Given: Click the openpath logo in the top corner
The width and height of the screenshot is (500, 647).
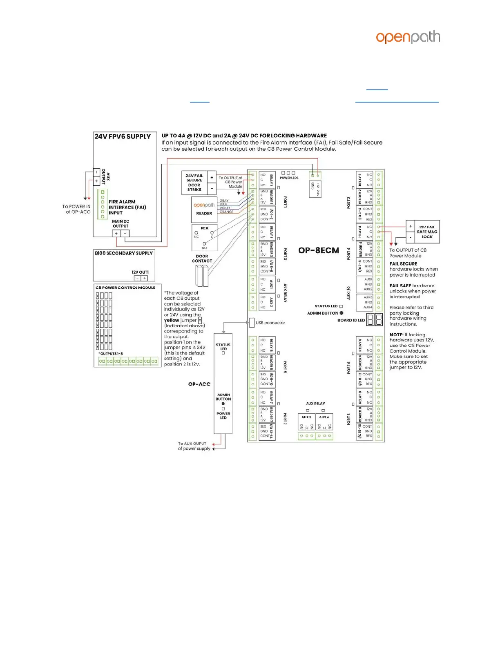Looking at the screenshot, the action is [x=408, y=38].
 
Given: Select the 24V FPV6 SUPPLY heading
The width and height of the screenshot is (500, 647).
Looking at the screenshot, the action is [x=123, y=136].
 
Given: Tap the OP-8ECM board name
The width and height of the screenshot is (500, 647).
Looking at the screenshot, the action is [x=319, y=250].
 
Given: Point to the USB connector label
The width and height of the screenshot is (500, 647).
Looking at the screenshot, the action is [x=270, y=323].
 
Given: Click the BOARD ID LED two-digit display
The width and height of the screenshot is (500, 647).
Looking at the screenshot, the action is [x=374, y=319].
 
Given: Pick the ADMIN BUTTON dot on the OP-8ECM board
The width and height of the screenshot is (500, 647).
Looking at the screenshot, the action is [x=342, y=313].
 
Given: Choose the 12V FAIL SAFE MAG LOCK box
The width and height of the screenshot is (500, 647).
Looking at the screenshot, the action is [x=422, y=232].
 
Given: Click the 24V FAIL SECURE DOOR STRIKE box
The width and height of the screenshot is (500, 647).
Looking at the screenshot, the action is [x=194, y=183].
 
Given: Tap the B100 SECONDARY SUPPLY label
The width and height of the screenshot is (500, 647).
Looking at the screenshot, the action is [x=124, y=253].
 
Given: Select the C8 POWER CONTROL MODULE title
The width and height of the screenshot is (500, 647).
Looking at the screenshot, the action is [x=125, y=288].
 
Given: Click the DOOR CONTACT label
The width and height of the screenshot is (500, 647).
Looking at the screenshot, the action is [x=202, y=259].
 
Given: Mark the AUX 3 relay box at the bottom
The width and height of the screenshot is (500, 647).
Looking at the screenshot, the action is [x=306, y=422].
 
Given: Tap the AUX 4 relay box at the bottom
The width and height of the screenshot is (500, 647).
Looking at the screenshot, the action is [x=324, y=422].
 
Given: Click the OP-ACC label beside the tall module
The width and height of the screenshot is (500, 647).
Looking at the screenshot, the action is [x=199, y=384].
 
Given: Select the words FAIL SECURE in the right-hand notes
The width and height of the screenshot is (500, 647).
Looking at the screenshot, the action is [x=403, y=264].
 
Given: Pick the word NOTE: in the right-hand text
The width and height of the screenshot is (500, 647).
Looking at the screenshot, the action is [x=396, y=335].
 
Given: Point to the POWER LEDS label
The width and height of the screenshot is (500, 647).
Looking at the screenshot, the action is [x=289, y=178].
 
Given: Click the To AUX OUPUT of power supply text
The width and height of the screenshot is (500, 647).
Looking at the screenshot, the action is [x=194, y=446].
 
